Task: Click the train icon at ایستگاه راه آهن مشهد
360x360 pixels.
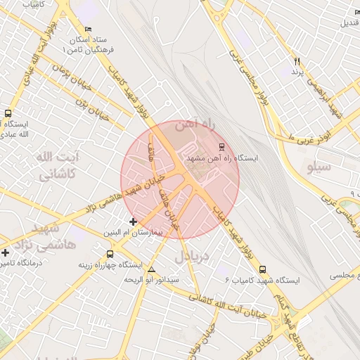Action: click(222, 147)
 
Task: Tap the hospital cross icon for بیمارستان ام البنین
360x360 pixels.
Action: click(133, 222)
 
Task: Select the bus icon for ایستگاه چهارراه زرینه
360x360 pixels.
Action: click(110, 254)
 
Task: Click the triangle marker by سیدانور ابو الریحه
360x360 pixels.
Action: click(152, 269)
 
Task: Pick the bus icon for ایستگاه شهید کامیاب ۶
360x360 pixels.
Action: click(263, 269)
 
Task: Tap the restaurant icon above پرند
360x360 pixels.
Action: click(297, 62)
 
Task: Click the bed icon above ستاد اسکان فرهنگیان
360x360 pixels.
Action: click(87, 29)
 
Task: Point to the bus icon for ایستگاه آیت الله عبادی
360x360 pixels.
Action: click(8, 112)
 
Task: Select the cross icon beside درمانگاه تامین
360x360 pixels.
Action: click(6, 252)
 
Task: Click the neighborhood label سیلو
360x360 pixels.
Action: click(319, 168)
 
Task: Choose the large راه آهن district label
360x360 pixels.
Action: click(192, 124)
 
